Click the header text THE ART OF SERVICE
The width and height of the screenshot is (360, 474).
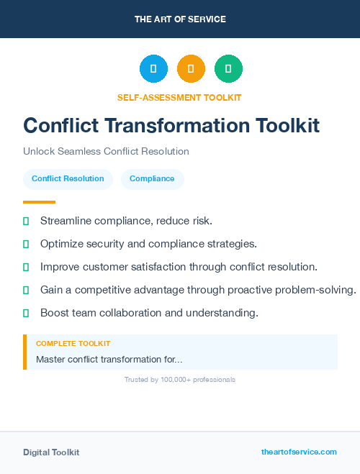click(x=180, y=19)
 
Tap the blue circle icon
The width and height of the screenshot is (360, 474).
click(x=153, y=69)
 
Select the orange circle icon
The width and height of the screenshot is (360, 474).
click(x=191, y=69)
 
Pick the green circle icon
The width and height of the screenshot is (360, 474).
click(x=228, y=69)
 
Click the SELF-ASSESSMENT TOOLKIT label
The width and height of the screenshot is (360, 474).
click(x=180, y=97)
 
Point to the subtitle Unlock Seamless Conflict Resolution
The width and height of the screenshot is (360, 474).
click(x=106, y=152)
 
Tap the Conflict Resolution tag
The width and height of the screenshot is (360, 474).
click(x=68, y=178)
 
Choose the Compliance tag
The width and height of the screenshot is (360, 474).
click(x=152, y=178)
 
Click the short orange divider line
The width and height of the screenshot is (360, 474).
click(x=39, y=202)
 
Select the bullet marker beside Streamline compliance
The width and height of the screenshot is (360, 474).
click(x=26, y=221)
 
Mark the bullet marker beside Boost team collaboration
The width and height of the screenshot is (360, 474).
click(x=26, y=313)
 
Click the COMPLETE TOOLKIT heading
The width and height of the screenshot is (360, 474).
click(x=73, y=344)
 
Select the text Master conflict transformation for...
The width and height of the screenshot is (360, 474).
click(x=109, y=359)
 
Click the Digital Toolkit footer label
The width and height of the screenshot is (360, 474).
click(x=51, y=452)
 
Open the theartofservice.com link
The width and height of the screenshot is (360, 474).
click(x=299, y=452)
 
